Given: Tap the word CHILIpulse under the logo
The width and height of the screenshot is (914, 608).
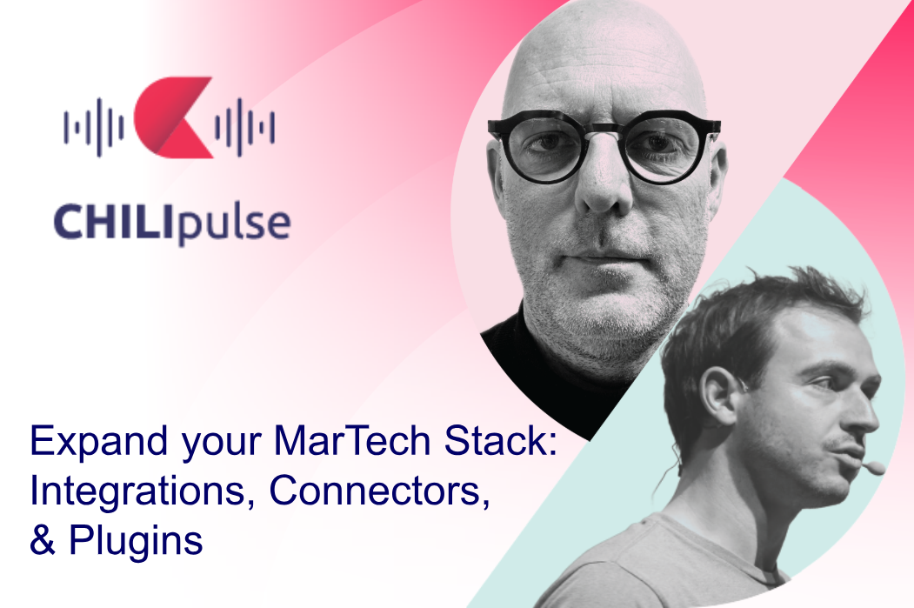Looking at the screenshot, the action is pyautogui.click(x=172, y=223).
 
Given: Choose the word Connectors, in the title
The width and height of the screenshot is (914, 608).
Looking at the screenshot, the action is pyautogui.click(x=379, y=491).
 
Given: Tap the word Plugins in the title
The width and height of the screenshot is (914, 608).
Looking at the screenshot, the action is pyautogui.click(x=136, y=541).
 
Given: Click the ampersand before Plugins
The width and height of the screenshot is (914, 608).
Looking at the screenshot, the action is pyautogui.click(x=43, y=540).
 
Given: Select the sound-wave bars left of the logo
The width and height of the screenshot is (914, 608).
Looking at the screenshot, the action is pyautogui.click(x=94, y=127).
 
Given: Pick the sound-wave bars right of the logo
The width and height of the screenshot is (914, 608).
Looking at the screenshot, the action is pyautogui.click(x=245, y=127).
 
